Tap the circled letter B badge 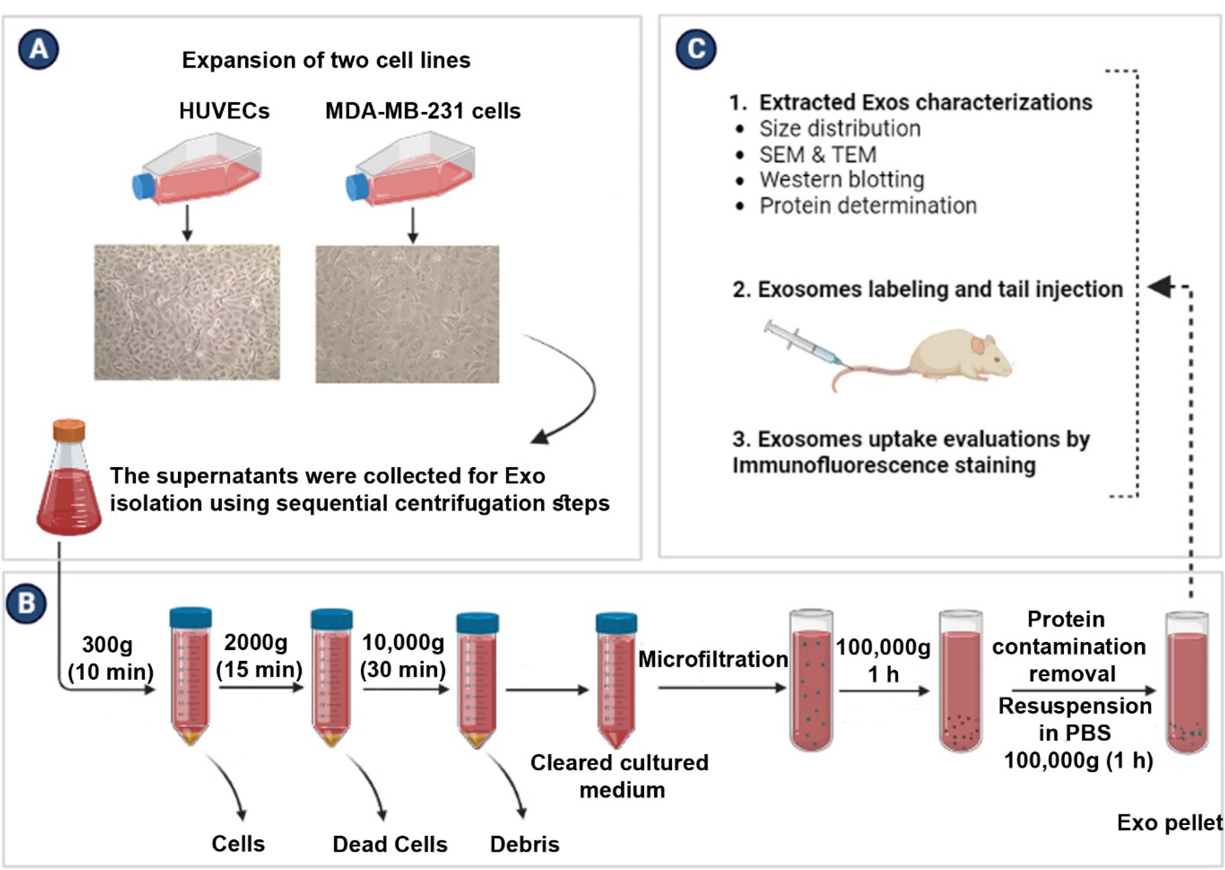tap(26, 603)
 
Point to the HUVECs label tap(224, 111)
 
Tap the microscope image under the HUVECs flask tap(187, 312)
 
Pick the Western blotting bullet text tap(842, 180)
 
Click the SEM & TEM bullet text tap(818, 155)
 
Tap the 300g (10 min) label tap(110, 658)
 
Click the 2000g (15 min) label tap(259, 656)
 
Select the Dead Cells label tap(390, 844)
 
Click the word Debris tap(525, 844)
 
